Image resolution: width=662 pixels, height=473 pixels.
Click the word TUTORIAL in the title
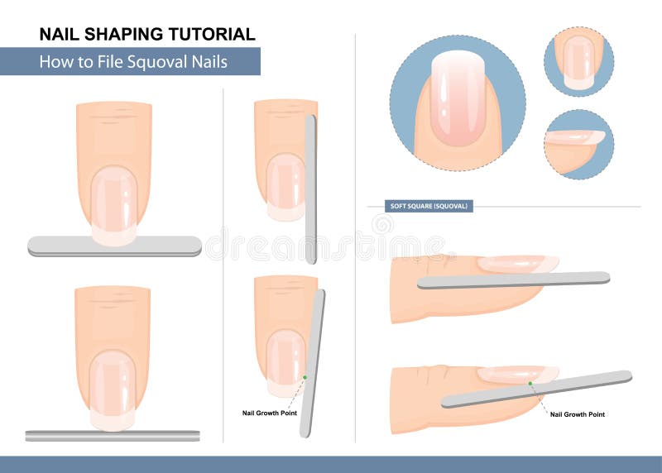pyautogui.click(x=213, y=34)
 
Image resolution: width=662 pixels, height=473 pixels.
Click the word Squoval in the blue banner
pyautogui.click(x=157, y=62)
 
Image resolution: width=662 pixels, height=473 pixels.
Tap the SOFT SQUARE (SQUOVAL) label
pyautogui.click(x=429, y=206)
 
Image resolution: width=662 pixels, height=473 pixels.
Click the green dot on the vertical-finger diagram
pyautogui.click(x=305, y=377)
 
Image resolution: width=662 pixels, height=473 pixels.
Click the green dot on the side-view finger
pyautogui.click(x=530, y=383)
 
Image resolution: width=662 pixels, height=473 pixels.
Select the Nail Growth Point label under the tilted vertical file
pyautogui.click(x=270, y=413)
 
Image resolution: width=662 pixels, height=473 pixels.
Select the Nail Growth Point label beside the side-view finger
pyautogui.click(x=577, y=414)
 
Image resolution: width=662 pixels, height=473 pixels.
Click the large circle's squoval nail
pyautogui.click(x=458, y=98)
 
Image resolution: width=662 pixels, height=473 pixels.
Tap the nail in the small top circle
pyautogui.click(x=578, y=63)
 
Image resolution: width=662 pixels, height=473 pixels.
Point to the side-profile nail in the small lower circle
pyautogui.click(x=575, y=137)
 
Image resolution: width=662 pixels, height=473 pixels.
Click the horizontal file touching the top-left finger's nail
pyautogui.click(x=114, y=246)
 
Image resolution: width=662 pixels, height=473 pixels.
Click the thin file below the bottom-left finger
pyautogui.click(x=113, y=436)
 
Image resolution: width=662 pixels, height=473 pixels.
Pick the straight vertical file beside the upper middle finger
pyautogui.click(x=310, y=189)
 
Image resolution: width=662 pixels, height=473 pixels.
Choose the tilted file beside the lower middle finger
pyautogui.click(x=313, y=363)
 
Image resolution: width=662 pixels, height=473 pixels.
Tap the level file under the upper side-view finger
pyautogui.click(x=513, y=280)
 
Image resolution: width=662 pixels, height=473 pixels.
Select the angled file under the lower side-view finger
pyautogui.click(x=536, y=389)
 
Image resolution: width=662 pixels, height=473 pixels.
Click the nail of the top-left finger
pyautogui.click(x=114, y=205)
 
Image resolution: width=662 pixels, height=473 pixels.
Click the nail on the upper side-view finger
pyautogui.click(x=518, y=264)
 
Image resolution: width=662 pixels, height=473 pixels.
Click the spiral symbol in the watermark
pyautogui.click(x=383, y=224)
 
